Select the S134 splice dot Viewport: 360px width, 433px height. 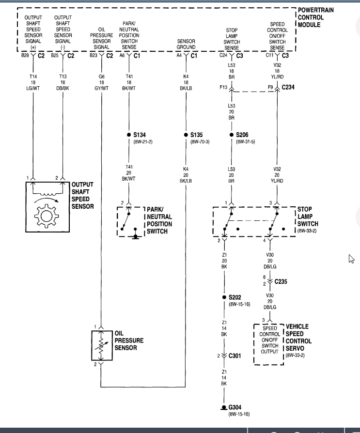[129, 135]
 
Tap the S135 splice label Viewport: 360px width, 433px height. [197, 135]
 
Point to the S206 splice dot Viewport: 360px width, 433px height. [231, 135]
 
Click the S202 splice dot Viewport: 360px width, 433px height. [224, 297]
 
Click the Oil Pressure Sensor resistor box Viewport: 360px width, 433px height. [102, 345]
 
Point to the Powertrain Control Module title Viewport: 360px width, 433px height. [315, 17]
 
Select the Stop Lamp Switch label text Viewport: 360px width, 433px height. [308, 216]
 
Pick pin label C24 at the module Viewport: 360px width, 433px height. [223, 56]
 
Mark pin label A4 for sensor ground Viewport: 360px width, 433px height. [179, 56]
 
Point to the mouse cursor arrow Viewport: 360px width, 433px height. [351, 259]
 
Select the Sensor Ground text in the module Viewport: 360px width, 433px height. [186, 44]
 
